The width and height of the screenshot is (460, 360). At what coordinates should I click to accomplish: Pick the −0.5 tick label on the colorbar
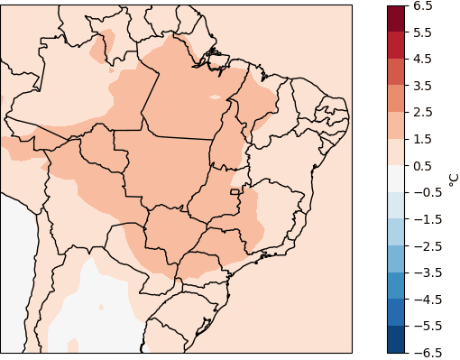(x=425, y=192)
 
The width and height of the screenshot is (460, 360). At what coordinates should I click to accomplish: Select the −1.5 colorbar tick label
(x=425, y=219)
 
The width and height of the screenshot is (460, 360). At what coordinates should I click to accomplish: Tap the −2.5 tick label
(x=425, y=245)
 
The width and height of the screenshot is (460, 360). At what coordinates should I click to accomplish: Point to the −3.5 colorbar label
(x=425, y=272)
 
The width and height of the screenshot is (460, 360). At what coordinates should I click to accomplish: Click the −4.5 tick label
(x=425, y=299)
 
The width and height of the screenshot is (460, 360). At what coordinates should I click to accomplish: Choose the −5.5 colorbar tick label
(x=425, y=326)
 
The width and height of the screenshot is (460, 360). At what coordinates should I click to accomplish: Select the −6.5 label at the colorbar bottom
(x=425, y=352)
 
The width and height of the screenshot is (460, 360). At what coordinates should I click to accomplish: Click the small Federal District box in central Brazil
(x=236, y=191)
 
